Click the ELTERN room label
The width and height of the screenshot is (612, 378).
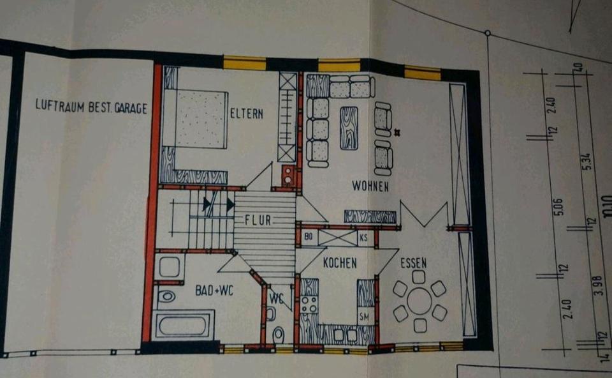pos(246,114)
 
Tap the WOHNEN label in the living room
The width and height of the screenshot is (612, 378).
pos(370,186)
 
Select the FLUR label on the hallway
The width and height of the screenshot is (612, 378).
pos(258,220)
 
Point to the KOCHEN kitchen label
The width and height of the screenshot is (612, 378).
pos(340,262)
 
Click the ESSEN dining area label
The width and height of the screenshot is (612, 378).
pos(414,262)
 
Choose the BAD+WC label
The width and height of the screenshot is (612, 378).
pos(214,291)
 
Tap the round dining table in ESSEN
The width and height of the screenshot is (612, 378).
pos(419,301)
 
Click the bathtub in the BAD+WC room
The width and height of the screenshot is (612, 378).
pos(183,325)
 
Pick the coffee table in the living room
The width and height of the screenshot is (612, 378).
pos(349,128)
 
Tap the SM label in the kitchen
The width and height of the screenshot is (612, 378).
pos(365,317)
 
